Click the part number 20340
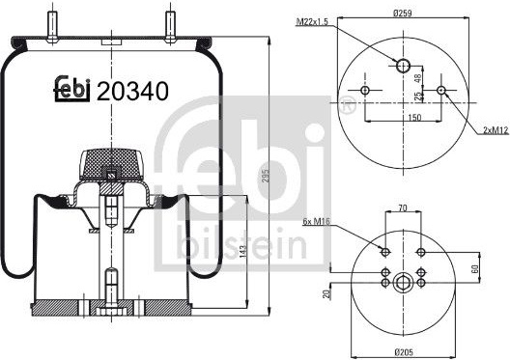click(132, 91)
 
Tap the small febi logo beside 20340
click(71, 89)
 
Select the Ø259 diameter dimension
click(403, 14)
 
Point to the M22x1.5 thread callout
click(313, 22)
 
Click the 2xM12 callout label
click(496, 130)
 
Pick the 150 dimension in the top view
click(414, 117)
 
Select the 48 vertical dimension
click(418, 78)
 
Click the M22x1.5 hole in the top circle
click(404, 66)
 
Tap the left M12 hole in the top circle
click(365, 90)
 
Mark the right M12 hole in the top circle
click(441, 90)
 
